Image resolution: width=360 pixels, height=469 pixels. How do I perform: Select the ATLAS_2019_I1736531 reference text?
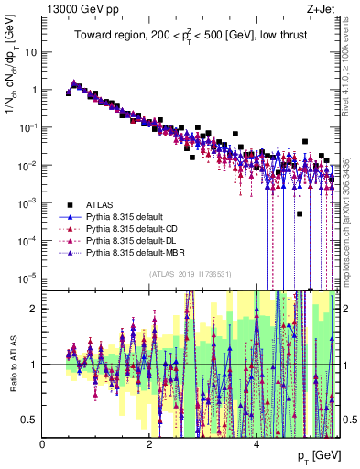[191, 275]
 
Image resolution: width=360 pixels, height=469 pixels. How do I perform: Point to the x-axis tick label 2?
[149, 444]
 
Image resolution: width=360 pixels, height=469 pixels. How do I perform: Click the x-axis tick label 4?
[256, 444]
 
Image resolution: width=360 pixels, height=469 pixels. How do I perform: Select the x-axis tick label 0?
[43, 444]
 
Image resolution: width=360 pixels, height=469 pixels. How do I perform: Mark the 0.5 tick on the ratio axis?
[31, 419]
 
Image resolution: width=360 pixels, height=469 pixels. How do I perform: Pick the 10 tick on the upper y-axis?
[31, 52]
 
